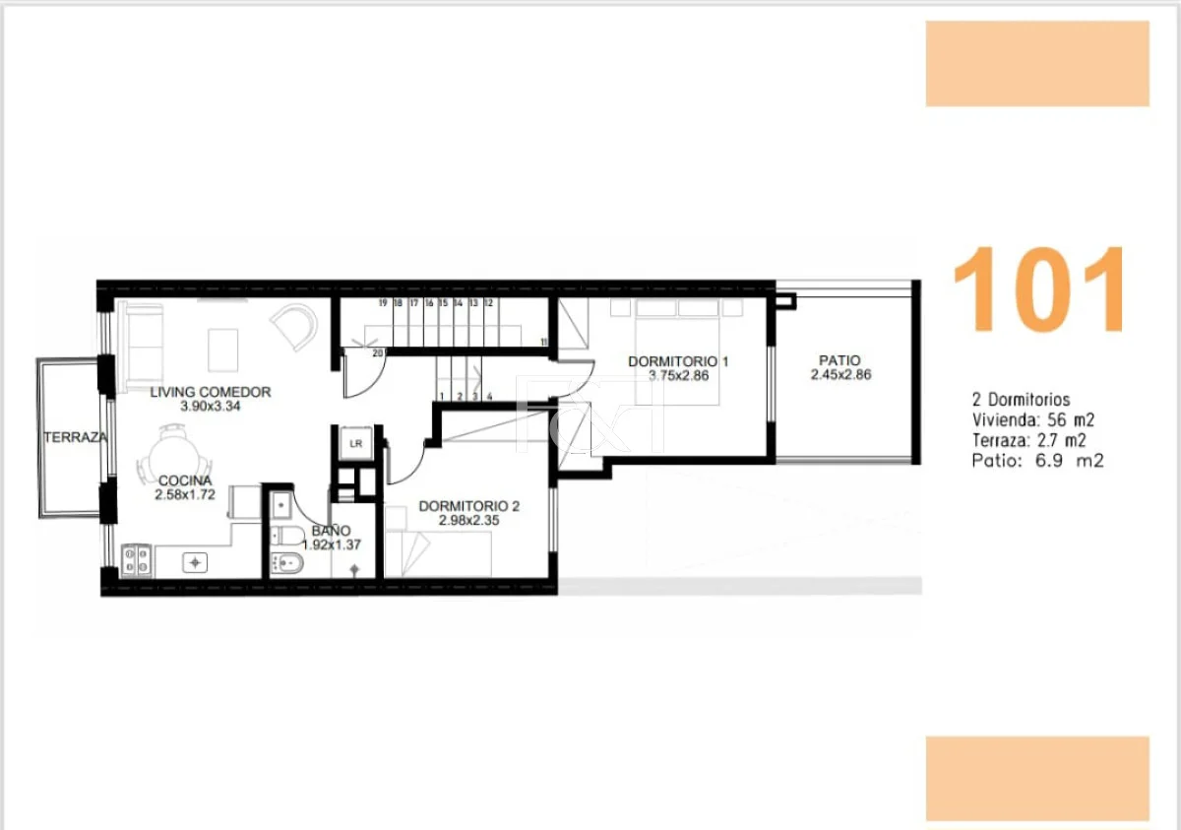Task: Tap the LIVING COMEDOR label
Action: (211, 392)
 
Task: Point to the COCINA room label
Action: (185, 480)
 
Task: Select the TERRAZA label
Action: (76, 437)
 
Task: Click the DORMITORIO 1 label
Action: (678, 361)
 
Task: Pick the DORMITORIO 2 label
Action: (469, 506)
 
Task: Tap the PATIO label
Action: (839, 360)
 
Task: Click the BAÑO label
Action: (331, 531)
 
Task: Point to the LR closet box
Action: (356, 443)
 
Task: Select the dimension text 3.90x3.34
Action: (211, 406)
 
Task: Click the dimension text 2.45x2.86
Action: (840, 374)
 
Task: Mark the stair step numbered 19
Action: (383, 302)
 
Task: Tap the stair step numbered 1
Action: (442, 397)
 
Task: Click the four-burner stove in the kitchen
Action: (137, 559)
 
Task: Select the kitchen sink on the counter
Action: (195, 562)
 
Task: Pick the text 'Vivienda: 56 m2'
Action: (1033, 419)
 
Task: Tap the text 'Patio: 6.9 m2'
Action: (1037, 461)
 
